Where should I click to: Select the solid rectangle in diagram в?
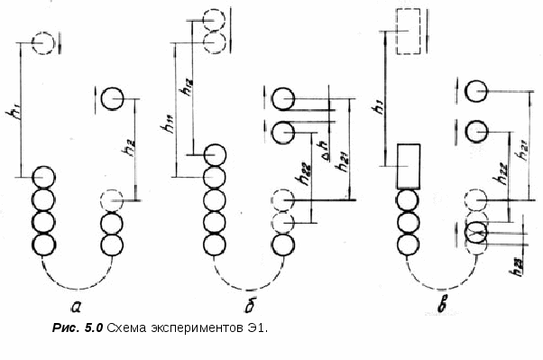[x=410, y=165]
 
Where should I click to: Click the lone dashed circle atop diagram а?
[x=42, y=42]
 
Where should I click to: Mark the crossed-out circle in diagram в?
[x=476, y=233]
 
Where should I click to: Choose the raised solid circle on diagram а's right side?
[x=112, y=97]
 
